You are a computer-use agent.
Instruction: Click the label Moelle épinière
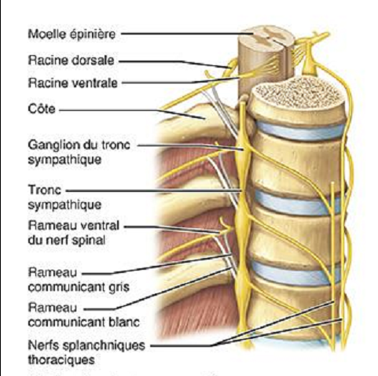(x=72, y=34)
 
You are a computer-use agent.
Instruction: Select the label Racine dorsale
(x=71, y=61)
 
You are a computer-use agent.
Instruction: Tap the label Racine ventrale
(x=72, y=83)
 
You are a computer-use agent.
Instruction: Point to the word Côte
(x=42, y=109)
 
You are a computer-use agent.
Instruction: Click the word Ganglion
(x=53, y=145)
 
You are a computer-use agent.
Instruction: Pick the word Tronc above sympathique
(x=45, y=190)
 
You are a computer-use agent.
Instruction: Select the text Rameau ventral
(x=74, y=226)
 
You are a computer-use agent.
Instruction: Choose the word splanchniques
(x=104, y=345)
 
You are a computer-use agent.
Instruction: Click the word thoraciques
(x=61, y=359)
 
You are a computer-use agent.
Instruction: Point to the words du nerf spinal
(x=67, y=241)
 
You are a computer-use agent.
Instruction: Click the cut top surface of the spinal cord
(x=266, y=38)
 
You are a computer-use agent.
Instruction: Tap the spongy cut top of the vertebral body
(x=299, y=92)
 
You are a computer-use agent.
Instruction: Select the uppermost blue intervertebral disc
(x=301, y=131)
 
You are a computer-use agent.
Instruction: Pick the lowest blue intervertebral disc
(x=295, y=274)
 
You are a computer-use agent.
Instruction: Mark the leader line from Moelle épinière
(x=187, y=34)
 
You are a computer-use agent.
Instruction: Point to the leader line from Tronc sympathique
(x=153, y=191)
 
